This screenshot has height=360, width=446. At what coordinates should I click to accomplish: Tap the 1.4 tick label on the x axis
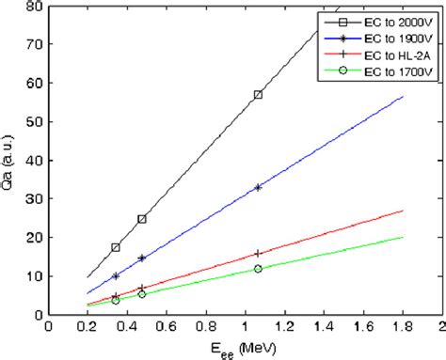point(323,328)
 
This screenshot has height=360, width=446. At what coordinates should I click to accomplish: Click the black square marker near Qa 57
point(258,95)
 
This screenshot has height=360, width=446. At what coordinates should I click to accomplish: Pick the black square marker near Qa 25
point(142,219)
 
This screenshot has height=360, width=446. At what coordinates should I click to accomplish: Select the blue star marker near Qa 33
point(258,187)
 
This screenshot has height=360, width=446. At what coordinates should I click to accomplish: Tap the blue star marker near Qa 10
point(116,276)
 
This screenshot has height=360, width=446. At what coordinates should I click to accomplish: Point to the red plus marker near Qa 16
point(258,254)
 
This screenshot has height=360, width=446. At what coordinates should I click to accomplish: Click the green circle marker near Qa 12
point(258,269)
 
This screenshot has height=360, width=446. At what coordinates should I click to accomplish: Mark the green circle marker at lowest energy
point(116,300)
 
